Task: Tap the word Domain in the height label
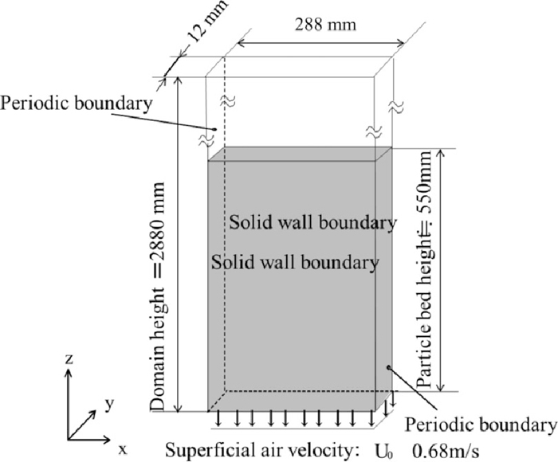(x=160, y=384)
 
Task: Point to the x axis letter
(x=123, y=449)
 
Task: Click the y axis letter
(x=108, y=404)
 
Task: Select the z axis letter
(x=69, y=360)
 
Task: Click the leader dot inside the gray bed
(x=388, y=367)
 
